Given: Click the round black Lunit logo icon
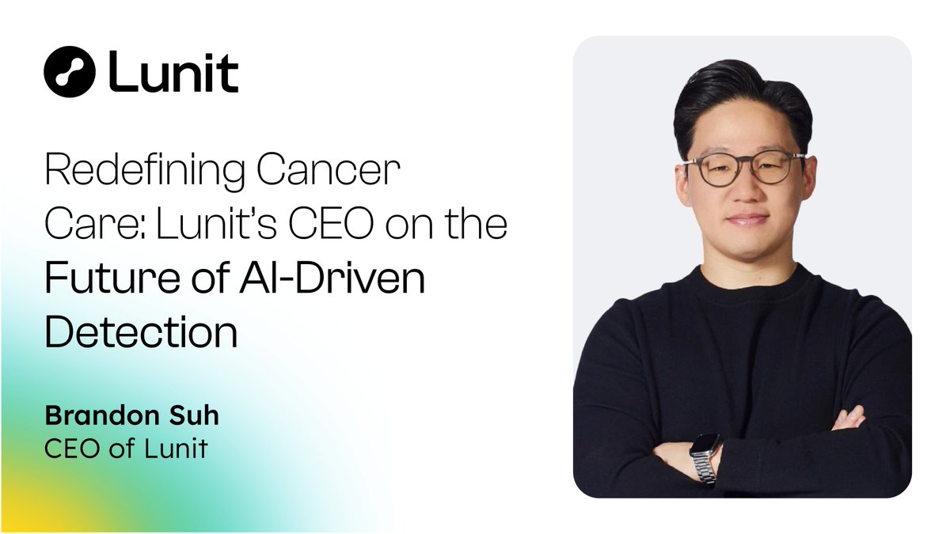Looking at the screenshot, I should click(x=70, y=71).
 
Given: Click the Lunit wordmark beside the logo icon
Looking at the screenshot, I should click(x=173, y=72).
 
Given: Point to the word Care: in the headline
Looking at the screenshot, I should click(x=97, y=225).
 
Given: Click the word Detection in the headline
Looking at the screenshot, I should click(x=141, y=332).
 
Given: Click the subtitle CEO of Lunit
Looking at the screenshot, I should click(x=127, y=449).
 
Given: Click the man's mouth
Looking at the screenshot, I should click(x=747, y=219).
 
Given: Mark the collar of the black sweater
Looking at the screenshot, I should click(x=744, y=278).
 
